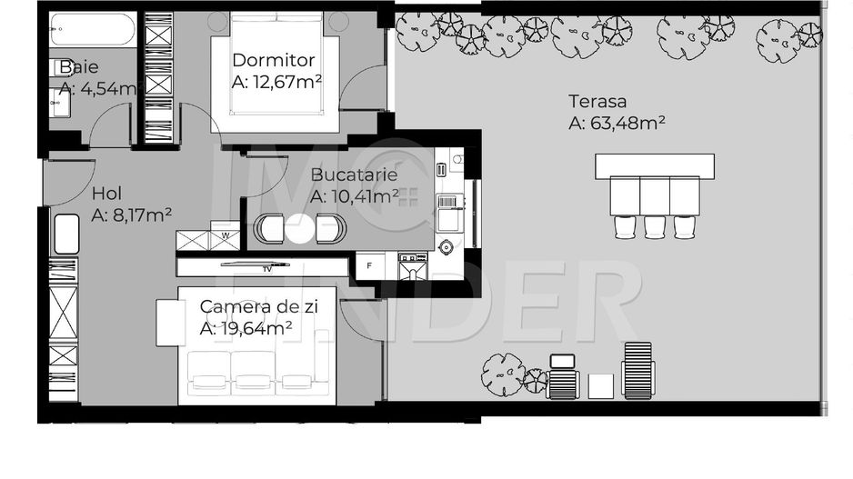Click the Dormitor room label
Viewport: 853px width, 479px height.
pyautogui.click(x=274, y=61)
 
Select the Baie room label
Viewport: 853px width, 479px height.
pyautogui.click(x=79, y=67)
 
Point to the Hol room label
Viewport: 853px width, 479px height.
pyautogui.click(x=106, y=194)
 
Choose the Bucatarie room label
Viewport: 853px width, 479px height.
pyautogui.click(x=354, y=175)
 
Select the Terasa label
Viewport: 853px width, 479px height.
pyautogui.click(x=597, y=102)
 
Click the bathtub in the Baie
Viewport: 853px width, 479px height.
pyautogui.click(x=91, y=30)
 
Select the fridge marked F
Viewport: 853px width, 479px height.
pyautogui.click(x=369, y=266)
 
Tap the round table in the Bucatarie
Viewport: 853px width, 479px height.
pyautogui.click(x=299, y=228)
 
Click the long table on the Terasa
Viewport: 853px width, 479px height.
pyautogui.click(x=654, y=166)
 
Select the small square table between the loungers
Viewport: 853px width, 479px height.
pyautogui.click(x=600, y=385)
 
